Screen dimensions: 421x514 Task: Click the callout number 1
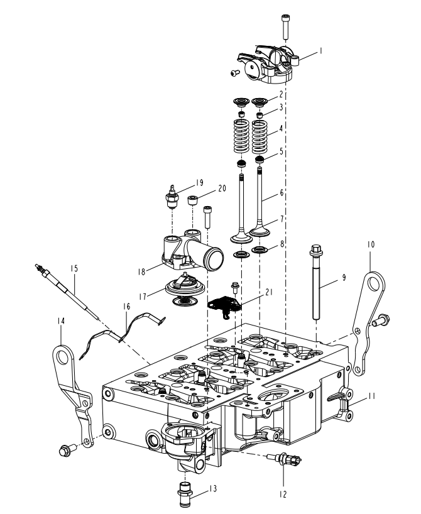coord(321,51)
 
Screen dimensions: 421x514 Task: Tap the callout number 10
coord(371,244)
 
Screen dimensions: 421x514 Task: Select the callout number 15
coord(74,268)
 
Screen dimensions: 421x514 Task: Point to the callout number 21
coord(269,292)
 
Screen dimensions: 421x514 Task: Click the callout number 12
coord(283,494)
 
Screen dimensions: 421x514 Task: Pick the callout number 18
coord(141,271)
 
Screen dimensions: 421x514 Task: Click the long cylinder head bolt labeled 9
coord(316,282)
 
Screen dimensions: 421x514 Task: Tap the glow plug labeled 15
coord(67,291)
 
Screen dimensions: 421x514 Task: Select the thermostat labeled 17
coord(185,291)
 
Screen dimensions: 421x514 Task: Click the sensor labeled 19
coord(172,198)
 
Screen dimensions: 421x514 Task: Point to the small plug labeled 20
coord(192,200)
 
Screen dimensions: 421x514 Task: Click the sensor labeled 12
coord(284,459)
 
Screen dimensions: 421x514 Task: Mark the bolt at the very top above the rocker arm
coord(285,26)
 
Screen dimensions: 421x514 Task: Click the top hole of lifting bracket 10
coord(373,284)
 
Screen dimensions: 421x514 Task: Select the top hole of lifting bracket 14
coord(62,358)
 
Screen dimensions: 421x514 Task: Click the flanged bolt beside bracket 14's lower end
coord(67,450)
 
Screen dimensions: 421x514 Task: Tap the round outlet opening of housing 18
coord(215,259)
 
